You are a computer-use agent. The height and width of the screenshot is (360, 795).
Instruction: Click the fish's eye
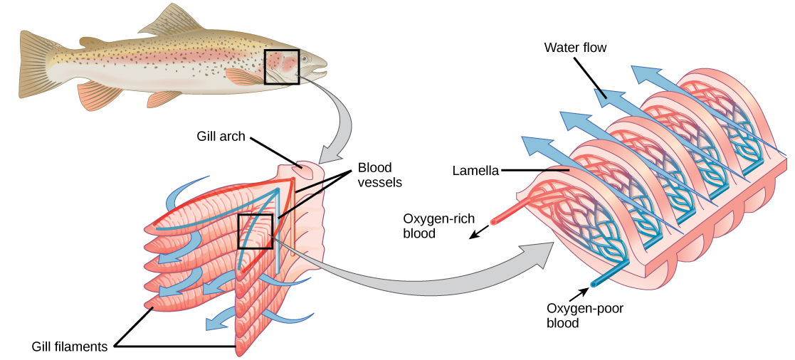[x=305, y=58]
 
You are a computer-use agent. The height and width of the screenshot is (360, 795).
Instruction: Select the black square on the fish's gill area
[x=282, y=67]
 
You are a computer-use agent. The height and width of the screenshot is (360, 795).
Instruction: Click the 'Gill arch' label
[x=221, y=136]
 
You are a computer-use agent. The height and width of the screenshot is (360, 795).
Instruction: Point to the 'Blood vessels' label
[x=379, y=175]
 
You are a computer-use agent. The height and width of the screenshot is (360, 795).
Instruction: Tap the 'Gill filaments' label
[x=70, y=346]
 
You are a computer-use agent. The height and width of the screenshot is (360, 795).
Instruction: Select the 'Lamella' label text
[x=475, y=171]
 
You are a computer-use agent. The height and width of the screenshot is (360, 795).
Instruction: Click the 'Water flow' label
[x=575, y=48]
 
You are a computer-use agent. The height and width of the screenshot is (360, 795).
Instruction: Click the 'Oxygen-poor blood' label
[x=580, y=315]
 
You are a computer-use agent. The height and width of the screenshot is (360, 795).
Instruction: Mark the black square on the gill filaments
[x=255, y=231]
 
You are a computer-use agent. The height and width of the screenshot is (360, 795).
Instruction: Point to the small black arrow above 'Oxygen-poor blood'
[x=586, y=290]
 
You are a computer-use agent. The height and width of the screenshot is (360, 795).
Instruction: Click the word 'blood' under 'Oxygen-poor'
[x=562, y=322]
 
